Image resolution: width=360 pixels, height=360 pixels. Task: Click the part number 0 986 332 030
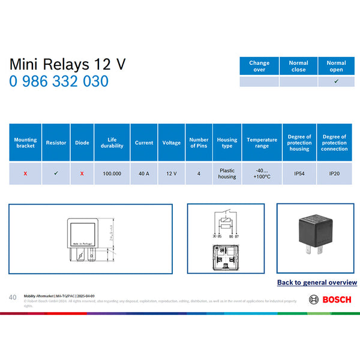click(x=59, y=81)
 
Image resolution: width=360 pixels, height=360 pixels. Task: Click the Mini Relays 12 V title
click(x=68, y=64)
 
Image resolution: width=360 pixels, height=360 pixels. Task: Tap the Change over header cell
click(x=259, y=66)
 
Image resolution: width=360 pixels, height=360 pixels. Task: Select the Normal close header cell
click(x=298, y=66)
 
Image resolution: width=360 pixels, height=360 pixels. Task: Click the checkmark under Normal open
click(x=336, y=81)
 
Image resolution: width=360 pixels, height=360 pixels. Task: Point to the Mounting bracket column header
click(x=25, y=143)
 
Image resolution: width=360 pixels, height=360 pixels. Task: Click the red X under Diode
click(x=82, y=173)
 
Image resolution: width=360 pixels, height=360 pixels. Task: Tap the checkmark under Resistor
click(x=56, y=173)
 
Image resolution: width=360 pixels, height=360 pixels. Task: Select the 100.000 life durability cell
click(x=112, y=173)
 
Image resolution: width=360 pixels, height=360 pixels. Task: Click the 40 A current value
click(x=144, y=173)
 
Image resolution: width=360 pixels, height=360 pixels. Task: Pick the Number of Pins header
click(x=199, y=143)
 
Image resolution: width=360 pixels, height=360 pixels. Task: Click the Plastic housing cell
click(x=227, y=173)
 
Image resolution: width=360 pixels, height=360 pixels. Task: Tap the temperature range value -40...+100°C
click(x=262, y=173)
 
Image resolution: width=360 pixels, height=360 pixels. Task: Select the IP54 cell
click(x=299, y=173)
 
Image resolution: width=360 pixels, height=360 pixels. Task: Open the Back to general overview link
click(x=317, y=282)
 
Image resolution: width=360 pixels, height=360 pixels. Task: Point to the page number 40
click(x=13, y=298)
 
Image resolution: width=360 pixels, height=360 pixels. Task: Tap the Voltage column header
click(x=172, y=143)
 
